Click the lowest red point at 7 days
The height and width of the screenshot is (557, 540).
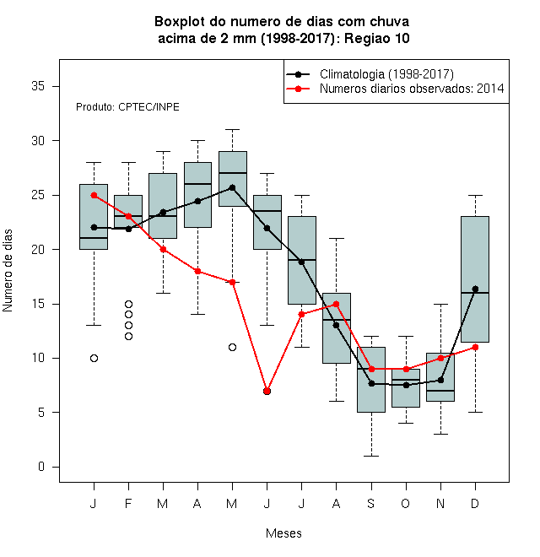point(267,391)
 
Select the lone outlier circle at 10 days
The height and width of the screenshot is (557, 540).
point(94,358)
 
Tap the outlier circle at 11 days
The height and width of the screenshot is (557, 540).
point(232,347)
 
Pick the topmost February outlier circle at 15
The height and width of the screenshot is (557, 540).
point(128,304)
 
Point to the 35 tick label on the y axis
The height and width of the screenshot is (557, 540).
point(38,86)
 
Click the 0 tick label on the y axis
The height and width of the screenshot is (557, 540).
point(41,467)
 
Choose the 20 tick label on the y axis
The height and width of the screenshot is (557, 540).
point(38,249)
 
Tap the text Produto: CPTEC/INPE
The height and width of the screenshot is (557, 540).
point(127,107)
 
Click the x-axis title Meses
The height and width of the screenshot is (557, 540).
point(283,533)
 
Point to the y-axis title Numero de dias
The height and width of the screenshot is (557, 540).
point(8,271)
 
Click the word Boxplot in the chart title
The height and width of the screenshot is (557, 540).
point(180,22)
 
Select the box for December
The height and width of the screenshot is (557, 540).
point(475,279)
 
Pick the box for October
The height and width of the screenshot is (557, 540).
point(406,388)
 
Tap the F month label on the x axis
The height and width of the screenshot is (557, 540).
point(128,503)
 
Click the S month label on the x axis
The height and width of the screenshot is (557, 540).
point(371,503)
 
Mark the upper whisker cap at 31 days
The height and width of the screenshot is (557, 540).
point(232,130)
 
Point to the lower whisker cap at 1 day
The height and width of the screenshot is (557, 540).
point(371,456)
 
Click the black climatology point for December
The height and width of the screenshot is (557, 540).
point(475,289)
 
